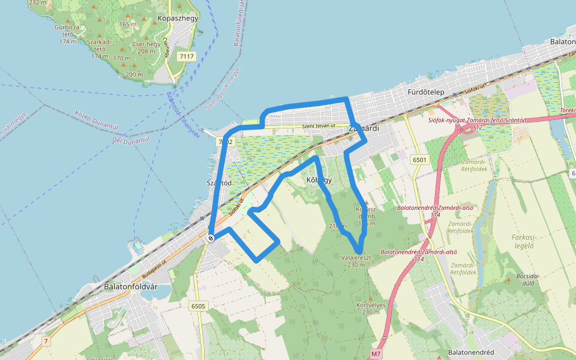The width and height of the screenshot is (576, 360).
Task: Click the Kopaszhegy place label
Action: (178, 18)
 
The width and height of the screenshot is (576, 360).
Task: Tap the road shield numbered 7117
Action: (187, 56)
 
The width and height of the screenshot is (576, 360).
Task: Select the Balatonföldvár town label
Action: (130, 286)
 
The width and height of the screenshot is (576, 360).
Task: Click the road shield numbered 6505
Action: (198, 306)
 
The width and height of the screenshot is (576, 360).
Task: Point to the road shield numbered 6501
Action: (419, 160)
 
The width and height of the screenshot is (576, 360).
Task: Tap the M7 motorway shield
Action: (376, 354)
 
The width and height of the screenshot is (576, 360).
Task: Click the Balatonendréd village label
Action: (471, 352)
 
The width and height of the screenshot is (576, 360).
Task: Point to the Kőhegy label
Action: (319, 179)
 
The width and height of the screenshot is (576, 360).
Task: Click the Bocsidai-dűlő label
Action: (527, 280)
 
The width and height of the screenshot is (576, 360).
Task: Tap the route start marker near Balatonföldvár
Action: (211, 238)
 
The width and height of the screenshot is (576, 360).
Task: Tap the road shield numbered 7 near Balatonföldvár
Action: (45, 341)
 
